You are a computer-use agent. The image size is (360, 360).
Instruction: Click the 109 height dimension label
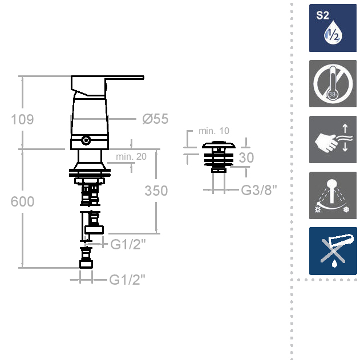pyautogui.click(x=22, y=119)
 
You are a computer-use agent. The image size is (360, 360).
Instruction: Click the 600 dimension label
pyautogui.click(x=22, y=201)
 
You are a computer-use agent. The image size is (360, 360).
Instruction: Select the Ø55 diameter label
pyautogui.click(x=155, y=119)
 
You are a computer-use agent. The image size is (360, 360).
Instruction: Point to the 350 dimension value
pyautogui.click(x=156, y=191)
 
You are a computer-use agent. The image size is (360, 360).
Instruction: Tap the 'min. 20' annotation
pyautogui.click(x=131, y=156)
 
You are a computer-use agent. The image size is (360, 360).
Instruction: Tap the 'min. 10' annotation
pyautogui.click(x=214, y=131)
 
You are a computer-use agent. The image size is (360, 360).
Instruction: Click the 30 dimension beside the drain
pyautogui.click(x=246, y=157)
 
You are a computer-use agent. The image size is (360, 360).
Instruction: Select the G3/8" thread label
pyautogui.click(x=259, y=190)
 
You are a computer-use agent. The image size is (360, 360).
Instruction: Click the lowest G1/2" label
pyautogui.click(x=127, y=280)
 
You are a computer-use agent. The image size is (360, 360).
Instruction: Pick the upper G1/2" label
pyautogui.click(x=128, y=244)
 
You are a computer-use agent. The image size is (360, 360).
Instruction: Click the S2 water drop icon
pyautogui.click(x=333, y=28)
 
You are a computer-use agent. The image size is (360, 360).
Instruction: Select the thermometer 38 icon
pyautogui.click(x=333, y=83)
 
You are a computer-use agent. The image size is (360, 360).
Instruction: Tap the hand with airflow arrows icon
pyautogui.click(x=333, y=139)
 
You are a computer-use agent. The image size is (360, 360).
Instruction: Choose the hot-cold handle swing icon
pyautogui.click(x=333, y=195)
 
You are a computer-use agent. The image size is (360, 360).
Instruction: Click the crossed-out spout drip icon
pyautogui.click(x=333, y=251)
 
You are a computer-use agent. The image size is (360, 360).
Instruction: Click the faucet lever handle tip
pyautogui.click(x=143, y=78)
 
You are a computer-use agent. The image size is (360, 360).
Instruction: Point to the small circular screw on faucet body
pyautogui.click(x=86, y=140)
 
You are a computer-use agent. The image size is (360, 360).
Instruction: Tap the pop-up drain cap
pyautogui.click(x=219, y=145)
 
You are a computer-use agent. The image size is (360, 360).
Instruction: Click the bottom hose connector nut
pyautogui.click(x=86, y=264)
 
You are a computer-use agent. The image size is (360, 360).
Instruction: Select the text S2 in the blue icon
pyautogui.click(x=322, y=15)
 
